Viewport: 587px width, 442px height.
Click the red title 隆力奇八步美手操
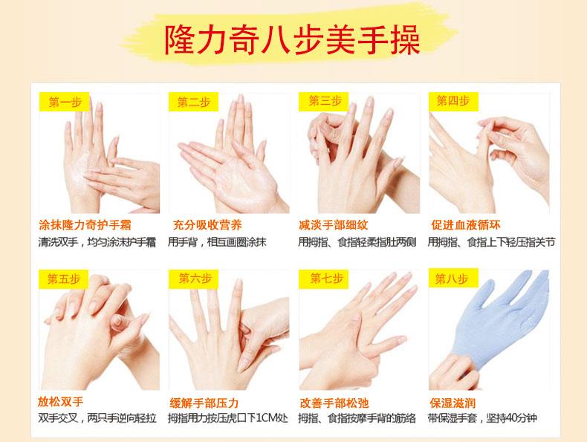pyautogui.click(x=292, y=40)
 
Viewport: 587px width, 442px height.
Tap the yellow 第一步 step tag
pyautogui.click(x=64, y=102)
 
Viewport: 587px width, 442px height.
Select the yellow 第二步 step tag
pyautogui.click(x=193, y=102)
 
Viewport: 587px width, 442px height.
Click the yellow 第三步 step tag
pyautogui.click(x=323, y=102)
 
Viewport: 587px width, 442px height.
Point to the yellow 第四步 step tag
pyautogui.click(x=453, y=102)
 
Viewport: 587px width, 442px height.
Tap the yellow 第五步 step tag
pyautogui.click(x=63, y=279)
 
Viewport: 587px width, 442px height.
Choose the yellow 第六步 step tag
pyautogui.click(x=193, y=279)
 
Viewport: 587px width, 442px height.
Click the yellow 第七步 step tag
pyautogui.click(x=323, y=279)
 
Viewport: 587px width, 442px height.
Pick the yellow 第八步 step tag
pyautogui.click(x=453, y=279)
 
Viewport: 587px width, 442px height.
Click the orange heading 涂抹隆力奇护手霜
pyautogui.click(x=85, y=225)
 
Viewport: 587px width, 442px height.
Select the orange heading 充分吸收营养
pyautogui.click(x=207, y=225)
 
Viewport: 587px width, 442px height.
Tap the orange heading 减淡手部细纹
pyautogui.click(x=334, y=225)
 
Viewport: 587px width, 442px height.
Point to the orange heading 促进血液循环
pyautogui.click(x=466, y=225)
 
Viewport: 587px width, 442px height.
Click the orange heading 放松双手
pyautogui.click(x=60, y=402)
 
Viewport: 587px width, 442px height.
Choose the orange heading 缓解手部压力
pyautogui.click(x=204, y=403)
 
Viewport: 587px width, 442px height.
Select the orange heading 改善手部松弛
pyautogui.click(x=334, y=403)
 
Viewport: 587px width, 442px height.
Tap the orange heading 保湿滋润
pyautogui.click(x=453, y=403)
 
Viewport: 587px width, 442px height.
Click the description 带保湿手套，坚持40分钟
pyautogui.click(x=482, y=418)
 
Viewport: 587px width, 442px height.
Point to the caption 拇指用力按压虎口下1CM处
pyautogui.click(x=228, y=418)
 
